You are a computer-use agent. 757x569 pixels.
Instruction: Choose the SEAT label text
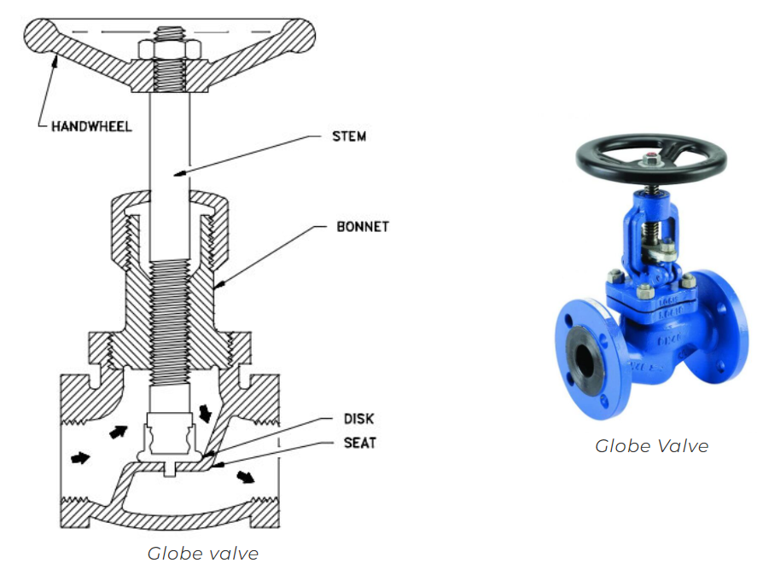pos(359,443)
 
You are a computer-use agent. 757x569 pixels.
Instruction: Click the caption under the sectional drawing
pos(202,553)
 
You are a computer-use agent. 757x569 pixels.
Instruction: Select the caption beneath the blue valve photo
pos(651,445)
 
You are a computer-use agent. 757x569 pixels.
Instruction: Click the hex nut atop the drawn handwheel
pos(167,49)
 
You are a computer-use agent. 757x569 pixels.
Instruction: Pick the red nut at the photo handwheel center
pos(651,157)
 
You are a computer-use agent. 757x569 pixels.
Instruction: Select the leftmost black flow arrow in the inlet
pos(79,458)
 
